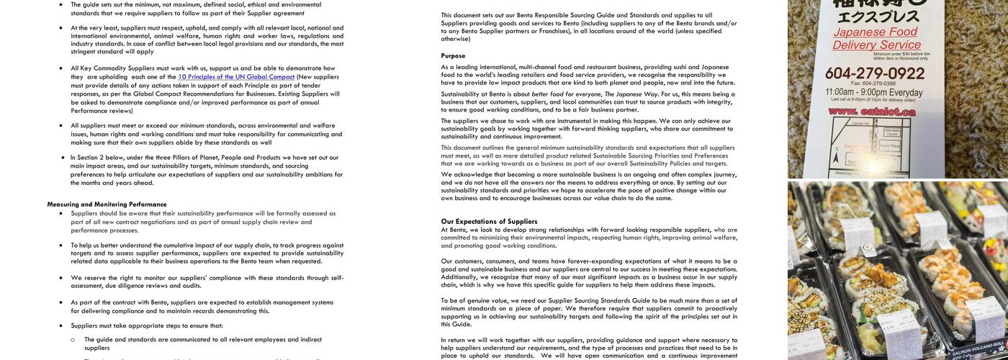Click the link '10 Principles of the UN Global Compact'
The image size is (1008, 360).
pos(236,77)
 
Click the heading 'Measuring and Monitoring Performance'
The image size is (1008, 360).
pos(107,204)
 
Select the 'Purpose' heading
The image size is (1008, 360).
pos(453,55)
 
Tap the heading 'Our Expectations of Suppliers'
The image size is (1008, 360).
pos(489,221)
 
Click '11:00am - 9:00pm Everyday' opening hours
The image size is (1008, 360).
pos(874,92)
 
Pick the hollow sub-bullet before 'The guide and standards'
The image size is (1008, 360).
pos(73,340)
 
